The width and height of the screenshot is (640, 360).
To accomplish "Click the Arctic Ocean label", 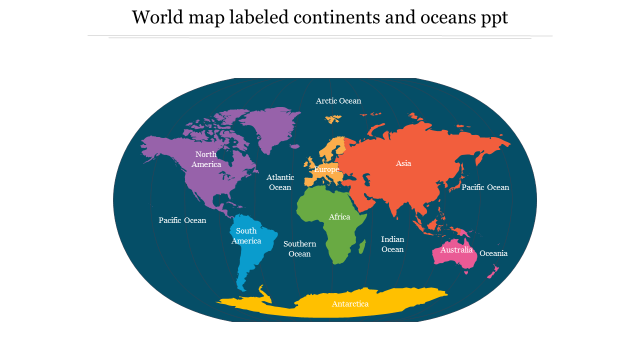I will pos(338,101).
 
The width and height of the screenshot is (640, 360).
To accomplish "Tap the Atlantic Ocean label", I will pos(280,182).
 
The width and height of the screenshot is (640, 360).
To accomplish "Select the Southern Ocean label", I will pos(299,248).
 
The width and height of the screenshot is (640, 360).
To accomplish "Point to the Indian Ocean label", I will pos(392,244).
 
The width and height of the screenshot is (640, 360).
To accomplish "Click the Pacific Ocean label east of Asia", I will pos(485,187).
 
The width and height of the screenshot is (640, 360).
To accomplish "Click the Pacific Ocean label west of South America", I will pos(182,220).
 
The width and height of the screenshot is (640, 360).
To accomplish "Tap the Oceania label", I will pos(493,253).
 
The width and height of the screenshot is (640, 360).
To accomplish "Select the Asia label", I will pos(403,163).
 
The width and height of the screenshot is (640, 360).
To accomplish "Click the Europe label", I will pos(326,169).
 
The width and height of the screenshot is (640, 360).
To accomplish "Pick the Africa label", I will pos(339,217).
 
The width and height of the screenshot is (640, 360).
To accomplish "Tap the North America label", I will pos(206,159).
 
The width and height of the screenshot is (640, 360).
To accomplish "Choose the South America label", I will pos(246,235).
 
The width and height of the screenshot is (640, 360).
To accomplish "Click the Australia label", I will pos(456,250).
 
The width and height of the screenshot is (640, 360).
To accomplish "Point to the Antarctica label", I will pos(350,304).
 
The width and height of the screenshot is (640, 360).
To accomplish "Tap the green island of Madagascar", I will pos(362,245).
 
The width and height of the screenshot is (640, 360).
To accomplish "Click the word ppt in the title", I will pos(493,18).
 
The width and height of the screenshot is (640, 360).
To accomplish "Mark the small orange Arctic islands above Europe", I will pos(333,119).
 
